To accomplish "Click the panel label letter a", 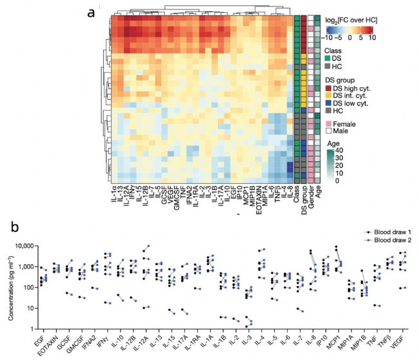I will [x=92, y=12].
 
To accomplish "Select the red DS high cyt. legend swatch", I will [x=327, y=88].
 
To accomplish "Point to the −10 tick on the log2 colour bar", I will [x=328, y=37].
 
